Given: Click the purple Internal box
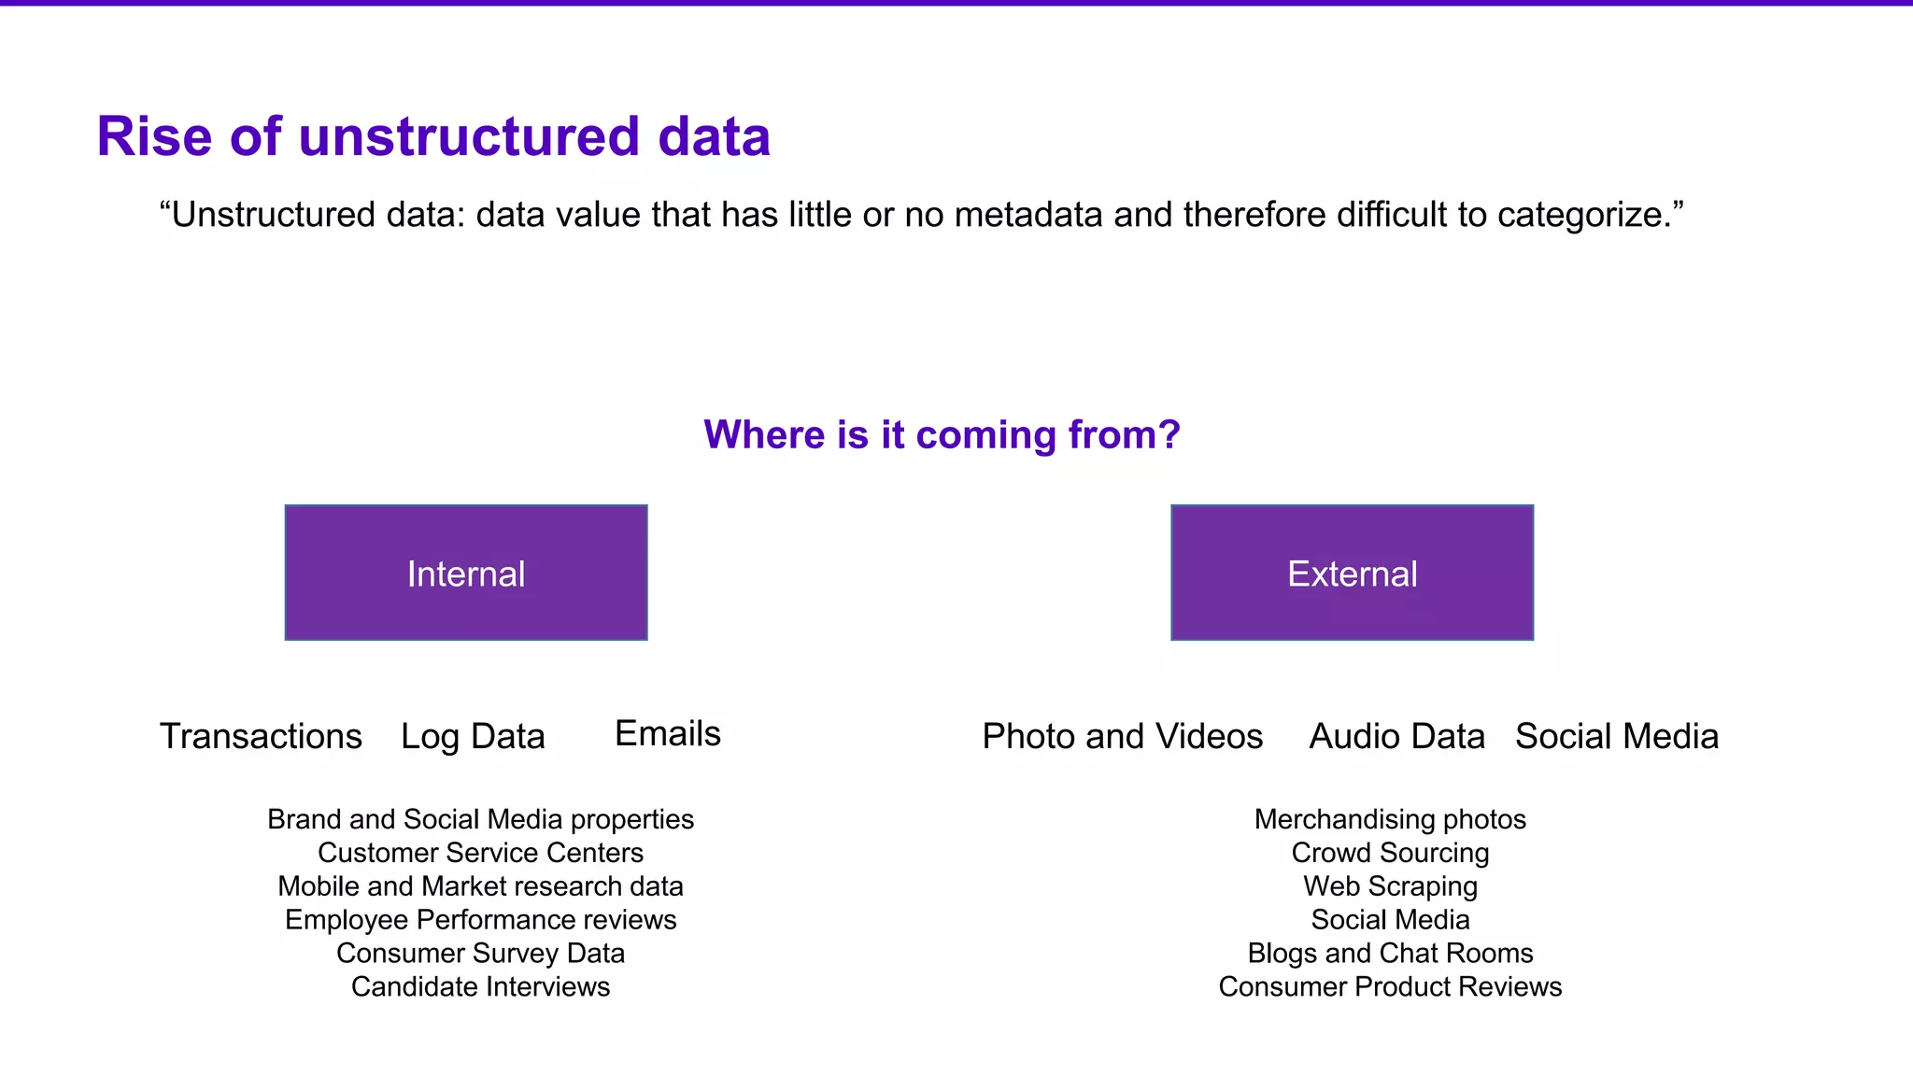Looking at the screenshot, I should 465,573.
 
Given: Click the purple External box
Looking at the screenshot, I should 1352,573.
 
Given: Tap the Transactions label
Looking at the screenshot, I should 261,736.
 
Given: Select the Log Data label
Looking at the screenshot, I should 473,736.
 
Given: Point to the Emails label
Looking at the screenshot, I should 668,733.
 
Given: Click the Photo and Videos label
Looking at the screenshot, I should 1122,736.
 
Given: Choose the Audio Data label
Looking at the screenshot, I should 1396,736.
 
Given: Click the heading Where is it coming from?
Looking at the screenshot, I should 942,434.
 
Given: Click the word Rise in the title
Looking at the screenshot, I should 154,136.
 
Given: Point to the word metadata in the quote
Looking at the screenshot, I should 1028,215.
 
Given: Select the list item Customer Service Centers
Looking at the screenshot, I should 480,853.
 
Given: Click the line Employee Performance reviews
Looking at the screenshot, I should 480,920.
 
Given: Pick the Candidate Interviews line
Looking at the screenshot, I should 480,986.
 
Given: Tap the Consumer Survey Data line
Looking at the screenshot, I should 480,954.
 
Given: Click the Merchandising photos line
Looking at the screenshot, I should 1390,819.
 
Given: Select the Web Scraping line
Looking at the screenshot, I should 1390,886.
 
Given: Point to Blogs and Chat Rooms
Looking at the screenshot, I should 1390,954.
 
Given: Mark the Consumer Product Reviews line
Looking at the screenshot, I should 1390,986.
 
